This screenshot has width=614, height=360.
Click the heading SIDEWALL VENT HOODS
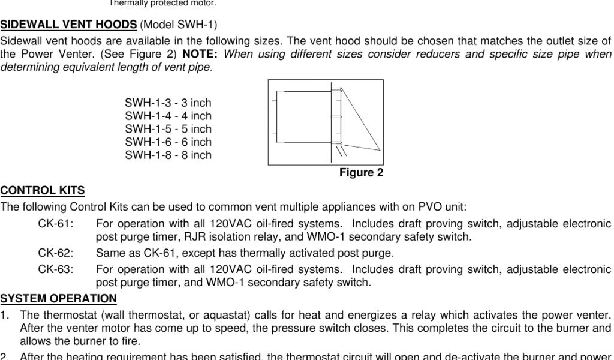(68, 25)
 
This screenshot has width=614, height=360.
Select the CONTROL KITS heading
(43, 191)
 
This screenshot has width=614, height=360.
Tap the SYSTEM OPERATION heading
(59, 299)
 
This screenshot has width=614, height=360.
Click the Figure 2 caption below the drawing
(361, 173)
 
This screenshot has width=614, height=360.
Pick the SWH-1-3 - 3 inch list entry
(168, 103)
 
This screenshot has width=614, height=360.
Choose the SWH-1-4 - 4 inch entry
(168, 116)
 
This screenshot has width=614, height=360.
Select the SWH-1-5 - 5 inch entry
(168, 129)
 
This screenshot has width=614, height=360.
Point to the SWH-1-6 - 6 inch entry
(168, 142)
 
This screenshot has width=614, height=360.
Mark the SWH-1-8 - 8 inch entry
(168, 155)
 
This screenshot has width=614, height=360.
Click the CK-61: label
(56, 224)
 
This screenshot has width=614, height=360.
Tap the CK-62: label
(56, 253)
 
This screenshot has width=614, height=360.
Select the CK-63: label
(56, 269)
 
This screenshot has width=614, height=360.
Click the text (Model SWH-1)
(178, 25)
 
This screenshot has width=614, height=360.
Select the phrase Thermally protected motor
(162, 3)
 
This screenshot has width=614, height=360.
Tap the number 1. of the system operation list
(5, 316)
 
